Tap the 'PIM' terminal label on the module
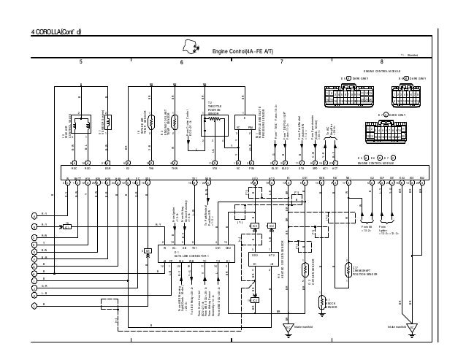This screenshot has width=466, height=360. click(x=251, y=166)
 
